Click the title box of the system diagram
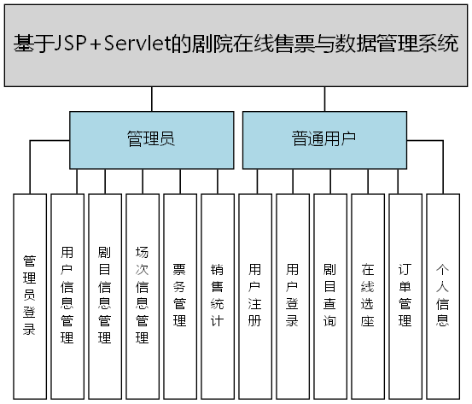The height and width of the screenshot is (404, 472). pos(236,45)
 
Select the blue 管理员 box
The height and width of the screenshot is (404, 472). pos(151,139)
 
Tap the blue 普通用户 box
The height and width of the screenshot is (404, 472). pos(323,139)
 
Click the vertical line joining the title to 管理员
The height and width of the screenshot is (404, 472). pos(151,100)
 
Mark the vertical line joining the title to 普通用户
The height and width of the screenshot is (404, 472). pos(323,100)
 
